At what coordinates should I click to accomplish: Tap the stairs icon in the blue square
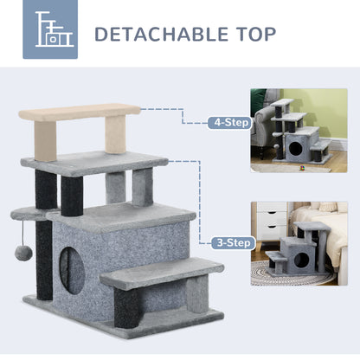tap(56, 34)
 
